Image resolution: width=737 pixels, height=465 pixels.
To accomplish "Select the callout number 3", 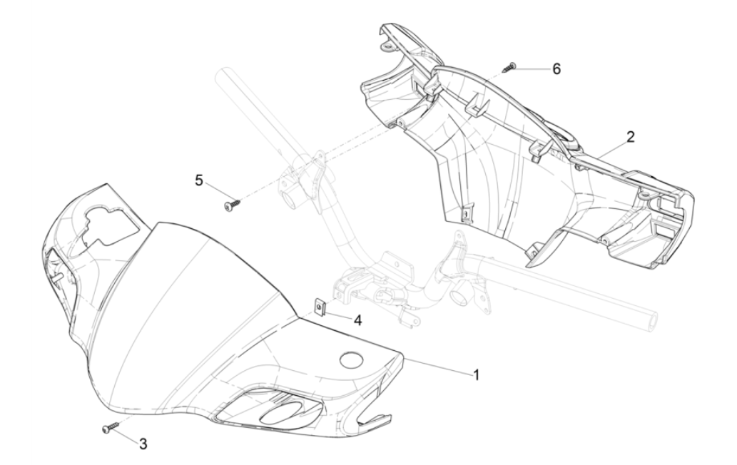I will tap(143, 444).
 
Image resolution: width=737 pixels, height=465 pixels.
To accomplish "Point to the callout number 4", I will tap(357, 320).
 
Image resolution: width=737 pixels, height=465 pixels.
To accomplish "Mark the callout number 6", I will tap(556, 68).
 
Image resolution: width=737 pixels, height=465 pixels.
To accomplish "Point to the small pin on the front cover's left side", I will tap(57, 278).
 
